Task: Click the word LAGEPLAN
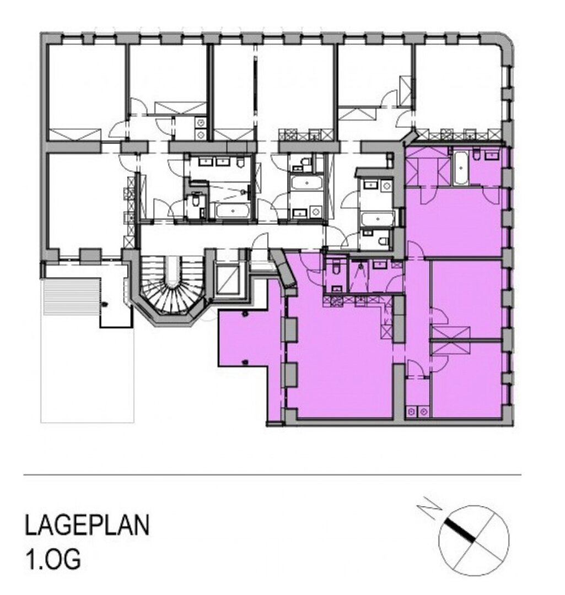click(87, 525)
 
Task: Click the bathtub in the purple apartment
click(461, 168)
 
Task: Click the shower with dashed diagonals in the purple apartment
click(359, 275)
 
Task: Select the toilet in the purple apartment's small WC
click(335, 269)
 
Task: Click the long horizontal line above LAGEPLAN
click(272, 475)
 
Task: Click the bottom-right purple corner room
click(467, 380)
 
